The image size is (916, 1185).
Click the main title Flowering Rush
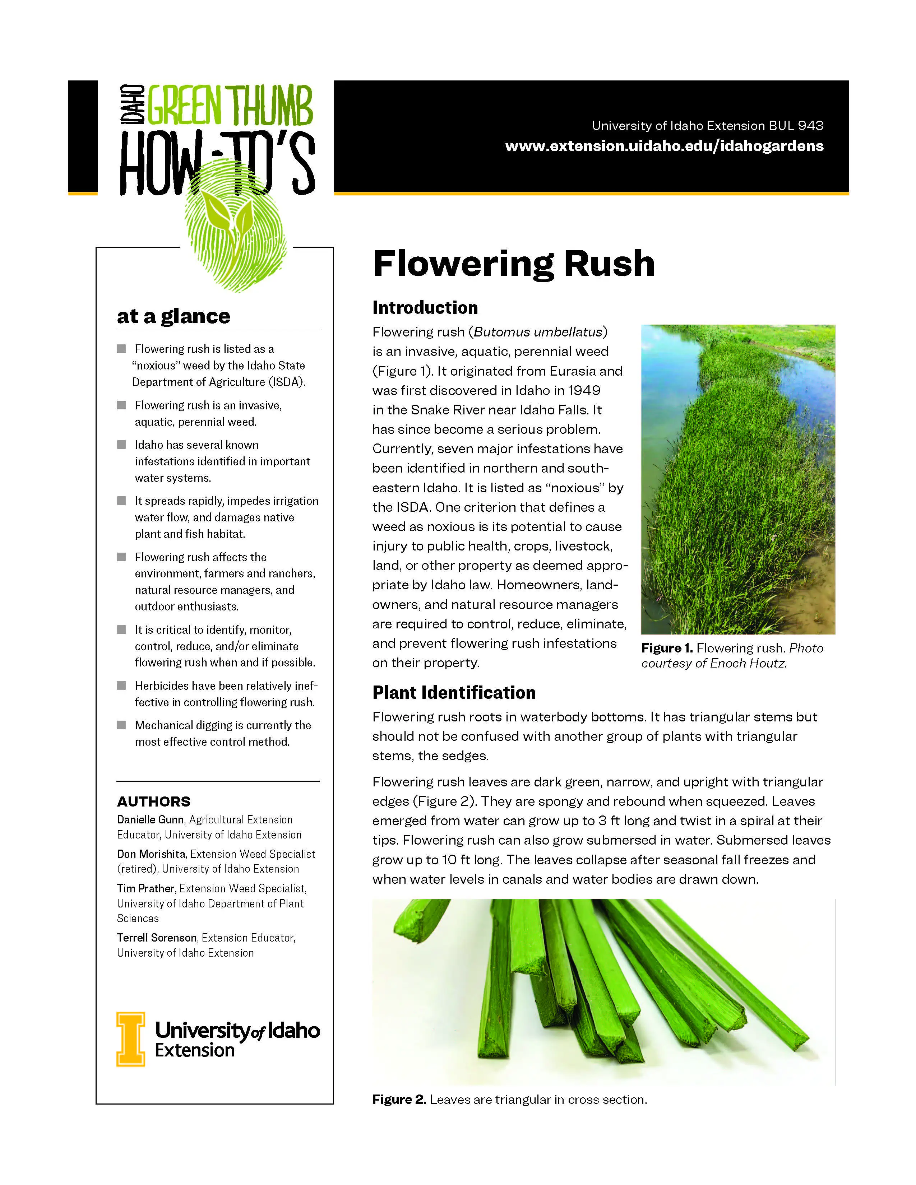(513, 264)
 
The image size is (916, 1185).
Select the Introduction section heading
(425, 308)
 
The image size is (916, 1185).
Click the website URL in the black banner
(664, 146)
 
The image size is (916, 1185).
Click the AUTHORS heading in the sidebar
(154, 801)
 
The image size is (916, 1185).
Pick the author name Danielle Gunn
(150, 820)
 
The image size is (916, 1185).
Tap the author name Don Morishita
(151, 854)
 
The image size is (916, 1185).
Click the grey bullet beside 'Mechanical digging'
(121, 725)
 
